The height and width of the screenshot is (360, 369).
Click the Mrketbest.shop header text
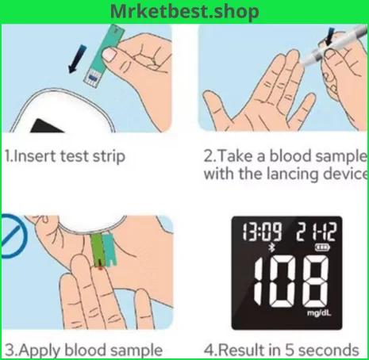[x=184, y=12]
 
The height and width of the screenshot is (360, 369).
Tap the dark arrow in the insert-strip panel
[x=77, y=59]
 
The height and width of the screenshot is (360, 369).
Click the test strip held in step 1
[x=104, y=56]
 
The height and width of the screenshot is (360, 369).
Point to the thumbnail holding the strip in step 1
[x=109, y=55]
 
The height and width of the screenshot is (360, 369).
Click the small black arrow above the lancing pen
[x=329, y=37]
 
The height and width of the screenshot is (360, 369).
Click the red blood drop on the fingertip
[x=101, y=268]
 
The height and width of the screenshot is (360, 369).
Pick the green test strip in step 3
[x=98, y=250]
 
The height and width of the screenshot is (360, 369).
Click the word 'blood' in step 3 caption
[x=85, y=350]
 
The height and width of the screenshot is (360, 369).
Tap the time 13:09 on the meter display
[x=262, y=232]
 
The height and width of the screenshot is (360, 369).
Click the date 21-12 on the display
[x=316, y=232]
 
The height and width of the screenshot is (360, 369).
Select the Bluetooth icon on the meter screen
[x=271, y=248]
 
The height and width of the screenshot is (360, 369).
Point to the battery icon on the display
[x=322, y=247]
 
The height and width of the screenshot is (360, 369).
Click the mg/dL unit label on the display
[x=319, y=313]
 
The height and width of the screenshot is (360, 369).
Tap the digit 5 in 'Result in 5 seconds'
[x=290, y=350]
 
